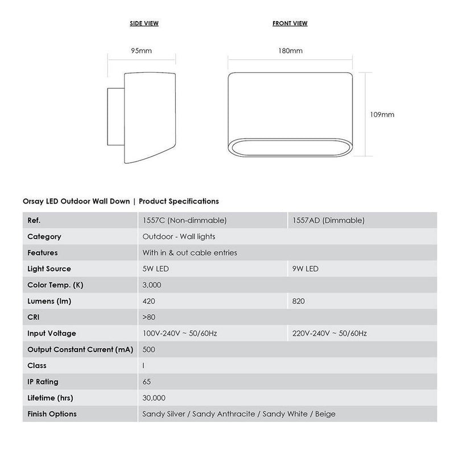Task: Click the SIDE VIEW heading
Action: [x=144, y=23]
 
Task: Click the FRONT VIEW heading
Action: [x=290, y=23]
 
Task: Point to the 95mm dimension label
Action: [x=142, y=51]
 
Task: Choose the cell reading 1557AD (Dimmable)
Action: [x=327, y=220]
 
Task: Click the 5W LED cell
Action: [x=156, y=268]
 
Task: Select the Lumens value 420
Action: [x=150, y=301]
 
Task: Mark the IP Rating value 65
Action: [x=147, y=382]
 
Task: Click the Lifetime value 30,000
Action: [x=154, y=398]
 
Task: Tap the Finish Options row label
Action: [x=52, y=414]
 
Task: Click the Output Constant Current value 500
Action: [x=150, y=349]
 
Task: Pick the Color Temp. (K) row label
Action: [x=56, y=285]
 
